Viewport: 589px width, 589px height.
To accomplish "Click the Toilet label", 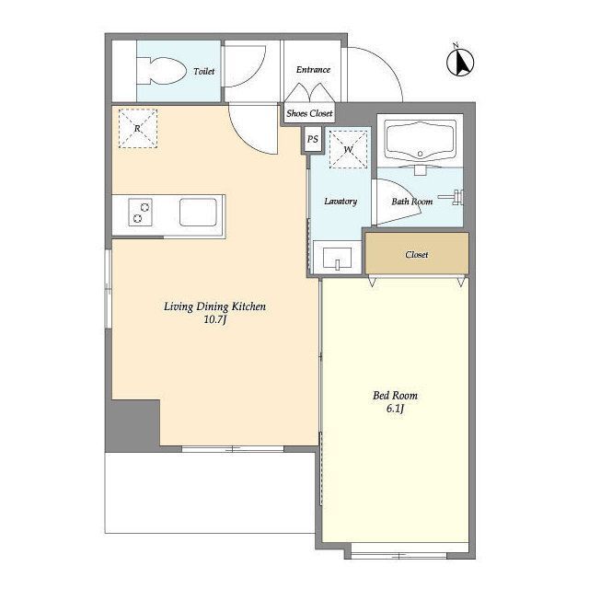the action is (x=204, y=71).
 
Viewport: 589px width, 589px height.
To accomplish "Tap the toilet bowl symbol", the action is (x=162, y=71).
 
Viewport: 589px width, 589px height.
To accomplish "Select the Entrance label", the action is (x=313, y=70).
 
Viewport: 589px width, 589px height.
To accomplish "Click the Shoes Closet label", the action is (x=309, y=113).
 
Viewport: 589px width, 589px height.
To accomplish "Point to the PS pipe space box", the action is (x=313, y=139).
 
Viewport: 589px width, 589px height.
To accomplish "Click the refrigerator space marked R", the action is (x=138, y=128).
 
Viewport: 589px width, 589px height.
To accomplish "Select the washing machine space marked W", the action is (x=348, y=149).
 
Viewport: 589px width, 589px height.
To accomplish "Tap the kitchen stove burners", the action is (x=141, y=213).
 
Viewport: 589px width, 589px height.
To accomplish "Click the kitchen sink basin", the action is (x=198, y=213).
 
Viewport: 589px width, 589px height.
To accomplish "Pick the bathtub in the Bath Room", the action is (x=421, y=143).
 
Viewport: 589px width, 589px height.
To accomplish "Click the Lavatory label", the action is (x=341, y=201).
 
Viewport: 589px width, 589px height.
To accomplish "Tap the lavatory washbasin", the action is (x=338, y=258).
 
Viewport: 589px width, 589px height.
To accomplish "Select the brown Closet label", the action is (x=417, y=254).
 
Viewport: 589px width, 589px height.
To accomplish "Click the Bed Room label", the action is (x=395, y=395).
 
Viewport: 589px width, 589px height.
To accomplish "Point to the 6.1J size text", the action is (x=395, y=409).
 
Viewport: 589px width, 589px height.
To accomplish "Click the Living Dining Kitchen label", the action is (x=214, y=306).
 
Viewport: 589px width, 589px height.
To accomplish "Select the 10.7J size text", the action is (x=214, y=319).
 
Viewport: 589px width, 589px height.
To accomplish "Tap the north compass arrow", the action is (x=460, y=62).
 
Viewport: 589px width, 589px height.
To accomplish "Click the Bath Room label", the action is (x=412, y=202).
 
